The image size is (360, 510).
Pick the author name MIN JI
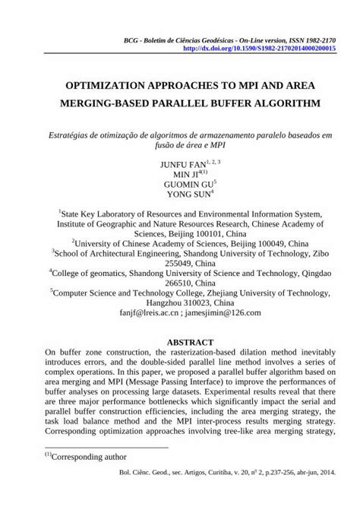pyautogui.click(x=177, y=174)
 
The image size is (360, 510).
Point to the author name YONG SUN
pyautogui.click(x=178, y=195)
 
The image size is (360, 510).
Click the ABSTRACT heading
pyautogui.click(x=180, y=343)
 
